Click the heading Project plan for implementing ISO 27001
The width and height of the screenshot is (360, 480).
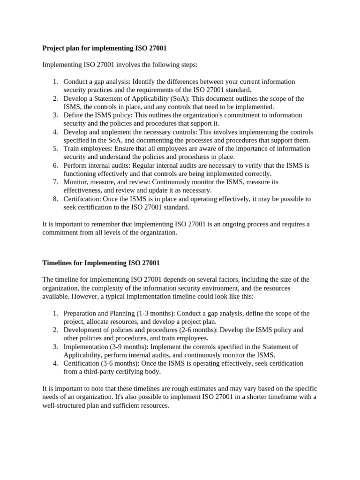[x=105, y=48]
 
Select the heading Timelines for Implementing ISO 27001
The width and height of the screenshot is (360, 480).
[x=101, y=263]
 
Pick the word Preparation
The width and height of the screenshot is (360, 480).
[x=81, y=314]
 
